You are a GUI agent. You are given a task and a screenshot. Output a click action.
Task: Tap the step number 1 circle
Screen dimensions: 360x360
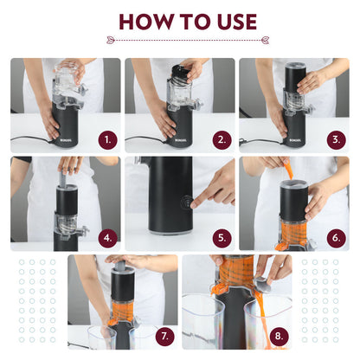click(106, 138)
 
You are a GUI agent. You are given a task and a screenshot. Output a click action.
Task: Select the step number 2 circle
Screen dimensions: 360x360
click(221, 138)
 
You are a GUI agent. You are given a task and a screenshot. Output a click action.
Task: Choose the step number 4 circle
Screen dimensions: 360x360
click(106, 236)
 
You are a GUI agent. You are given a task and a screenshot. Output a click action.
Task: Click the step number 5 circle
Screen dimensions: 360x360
click(221, 236)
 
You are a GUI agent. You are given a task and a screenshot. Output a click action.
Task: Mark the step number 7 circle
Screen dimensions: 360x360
click(164, 333)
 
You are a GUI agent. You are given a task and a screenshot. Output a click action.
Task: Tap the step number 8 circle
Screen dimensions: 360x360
click(278, 333)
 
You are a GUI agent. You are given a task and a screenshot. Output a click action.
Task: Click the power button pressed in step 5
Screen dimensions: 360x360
click(184, 202)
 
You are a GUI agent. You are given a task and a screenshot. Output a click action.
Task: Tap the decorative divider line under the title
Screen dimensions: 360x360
click(180, 40)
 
